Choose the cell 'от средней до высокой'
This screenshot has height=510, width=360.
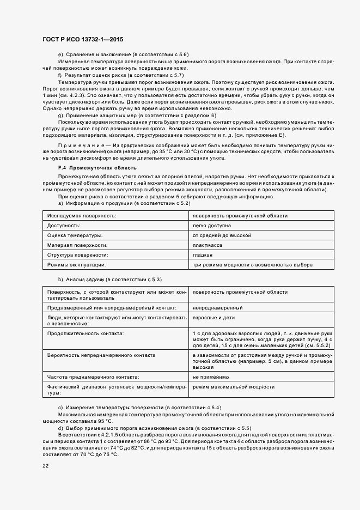pyautogui.click(x=221, y=235)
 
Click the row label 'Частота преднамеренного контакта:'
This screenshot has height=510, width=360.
pyautogui.click(x=93, y=377)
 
